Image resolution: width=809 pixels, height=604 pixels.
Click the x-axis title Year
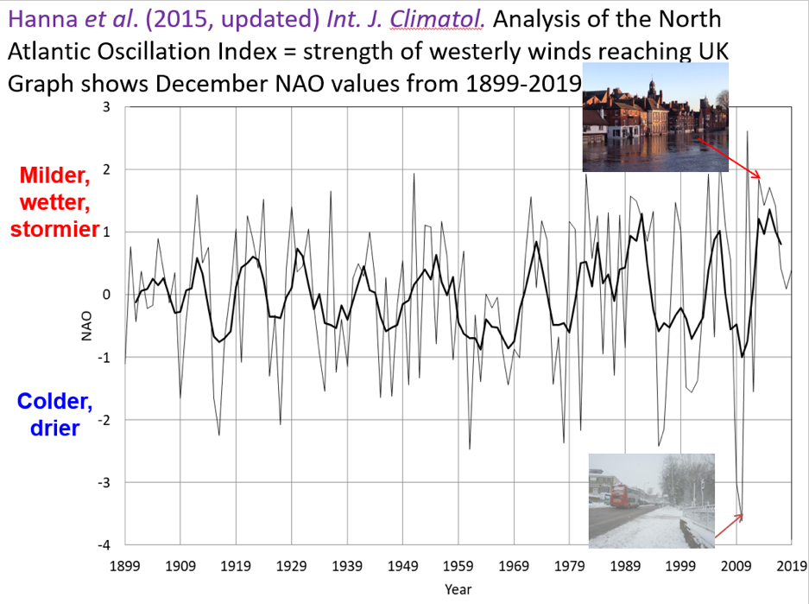(x=458, y=589)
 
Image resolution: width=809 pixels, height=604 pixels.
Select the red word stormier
(x=50, y=230)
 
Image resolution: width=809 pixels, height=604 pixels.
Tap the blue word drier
(x=56, y=428)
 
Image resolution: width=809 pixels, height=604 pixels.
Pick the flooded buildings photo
(x=654, y=118)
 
